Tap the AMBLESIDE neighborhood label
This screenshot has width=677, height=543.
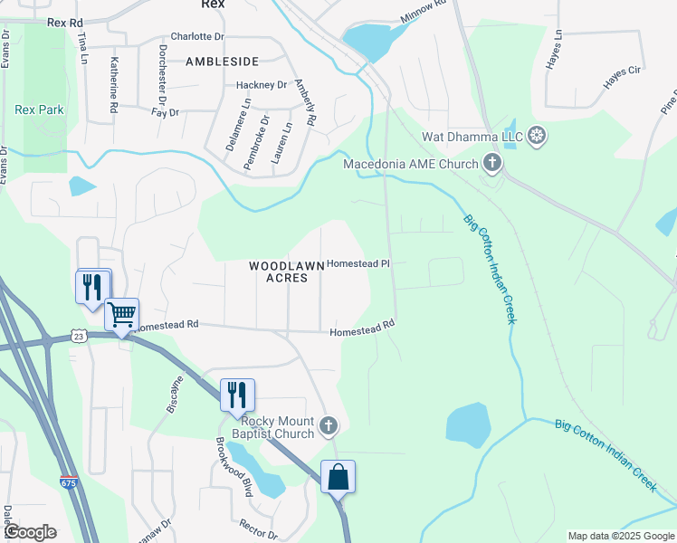(x=222, y=62)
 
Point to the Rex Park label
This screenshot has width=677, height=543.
(x=40, y=110)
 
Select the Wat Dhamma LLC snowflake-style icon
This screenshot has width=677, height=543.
(x=538, y=137)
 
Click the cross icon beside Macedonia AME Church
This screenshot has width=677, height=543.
(x=492, y=164)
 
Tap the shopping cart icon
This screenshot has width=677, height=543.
(x=121, y=315)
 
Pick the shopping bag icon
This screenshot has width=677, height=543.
(x=338, y=477)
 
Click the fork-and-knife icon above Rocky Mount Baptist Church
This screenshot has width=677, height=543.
(x=237, y=395)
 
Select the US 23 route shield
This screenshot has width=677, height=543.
(x=80, y=336)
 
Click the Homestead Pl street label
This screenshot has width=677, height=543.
(x=358, y=264)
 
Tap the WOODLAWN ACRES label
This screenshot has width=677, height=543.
(x=286, y=272)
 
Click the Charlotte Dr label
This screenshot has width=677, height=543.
(x=196, y=36)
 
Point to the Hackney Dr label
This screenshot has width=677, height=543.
(x=261, y=85)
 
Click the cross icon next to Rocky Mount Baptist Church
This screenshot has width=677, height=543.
(x=329, y=425)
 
